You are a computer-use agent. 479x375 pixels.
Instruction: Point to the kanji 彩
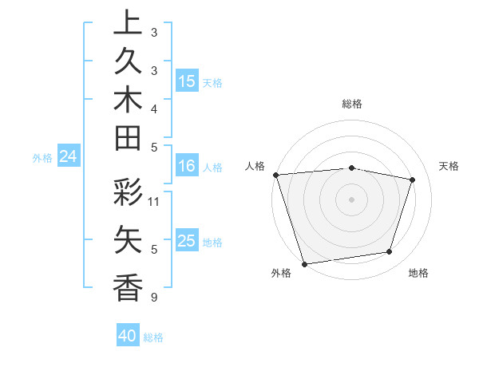[x=128, y=195]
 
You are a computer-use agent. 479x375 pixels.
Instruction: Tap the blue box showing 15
[x=187, y=81]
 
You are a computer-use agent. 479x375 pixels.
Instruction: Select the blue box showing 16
[x=186, y=167]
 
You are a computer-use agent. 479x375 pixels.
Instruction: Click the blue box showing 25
[x=187, y=241]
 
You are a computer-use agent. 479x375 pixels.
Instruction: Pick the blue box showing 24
[x=69, y=157]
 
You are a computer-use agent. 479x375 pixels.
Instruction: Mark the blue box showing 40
[x=128, y=337]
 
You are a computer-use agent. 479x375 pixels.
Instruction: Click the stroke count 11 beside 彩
[x=154, y=201]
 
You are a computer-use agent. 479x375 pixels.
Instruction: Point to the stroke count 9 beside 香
[x=153, y=298]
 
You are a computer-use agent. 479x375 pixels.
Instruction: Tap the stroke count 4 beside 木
[x=153, y=108]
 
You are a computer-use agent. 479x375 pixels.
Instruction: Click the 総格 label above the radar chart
[x=351, y=104]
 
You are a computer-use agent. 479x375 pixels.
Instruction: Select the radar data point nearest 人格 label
[x=275, y=175]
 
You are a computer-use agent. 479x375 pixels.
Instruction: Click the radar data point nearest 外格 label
[x=304, y=263]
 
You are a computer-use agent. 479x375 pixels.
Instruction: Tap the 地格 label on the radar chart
[x=418, y=273]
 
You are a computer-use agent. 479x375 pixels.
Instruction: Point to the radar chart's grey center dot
[x=351, y=199]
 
